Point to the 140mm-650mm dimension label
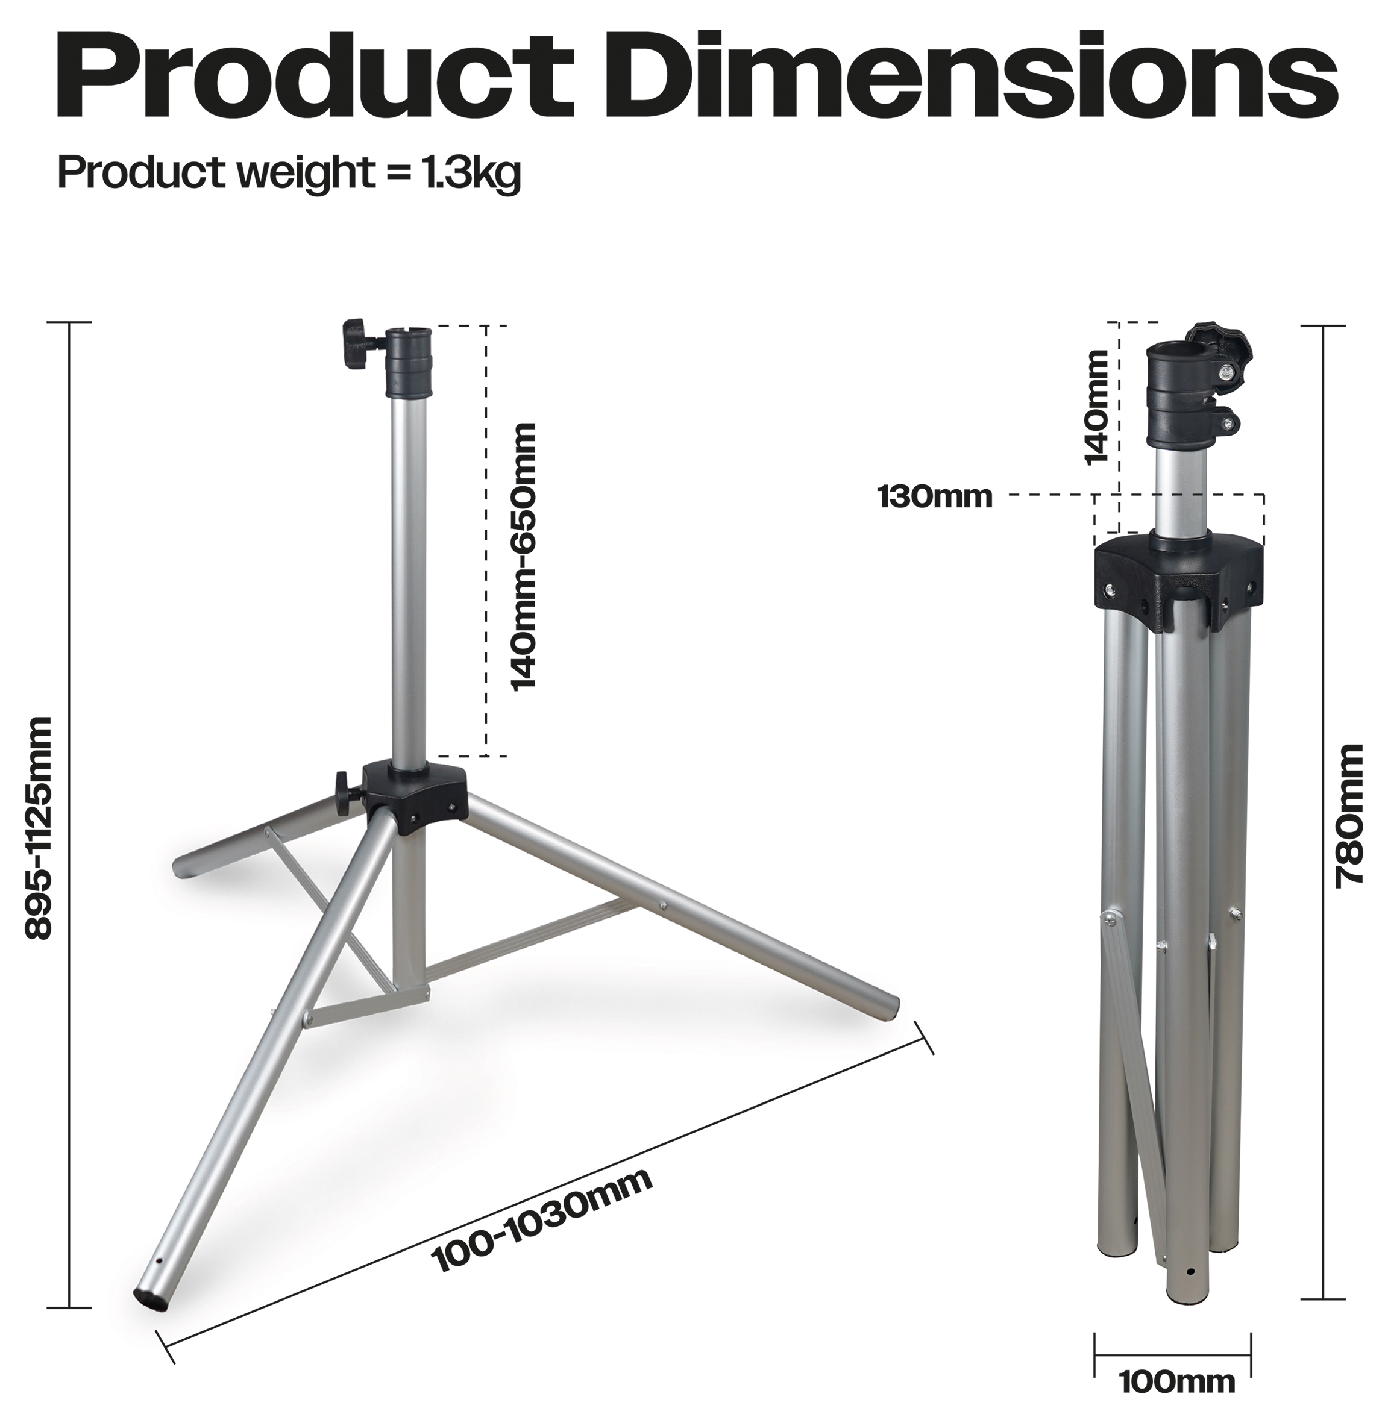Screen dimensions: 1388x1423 pos(523,556)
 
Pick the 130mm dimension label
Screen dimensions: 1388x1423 pos(935,497)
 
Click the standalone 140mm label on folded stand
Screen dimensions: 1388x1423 pos(1096,406)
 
